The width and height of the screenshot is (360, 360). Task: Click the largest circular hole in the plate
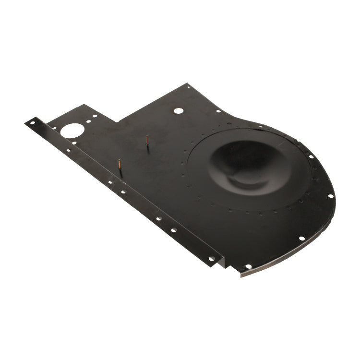coord(72,130)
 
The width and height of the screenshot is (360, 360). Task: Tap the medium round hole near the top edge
coord(178,110)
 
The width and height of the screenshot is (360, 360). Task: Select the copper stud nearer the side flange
coord(119,168)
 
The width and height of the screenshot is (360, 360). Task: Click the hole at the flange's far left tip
coord(32,123)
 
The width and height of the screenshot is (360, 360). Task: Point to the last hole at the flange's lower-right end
coord(211,259)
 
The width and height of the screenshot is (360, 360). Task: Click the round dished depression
coord(240,163)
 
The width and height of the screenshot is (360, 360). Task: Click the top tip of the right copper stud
coord(147,137)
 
